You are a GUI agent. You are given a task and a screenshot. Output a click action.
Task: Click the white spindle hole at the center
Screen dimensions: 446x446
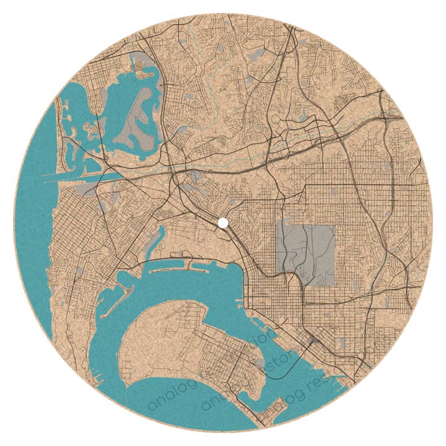[222, 222]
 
